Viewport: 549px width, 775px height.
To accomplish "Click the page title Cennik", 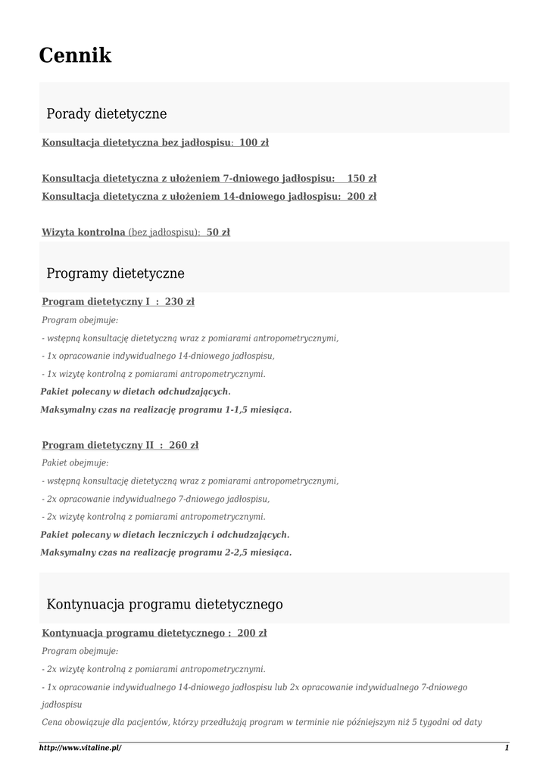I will [75, 55].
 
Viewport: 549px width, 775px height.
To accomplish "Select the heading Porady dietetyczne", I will [106, 114].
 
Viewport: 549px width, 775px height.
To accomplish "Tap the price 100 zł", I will [254, 142].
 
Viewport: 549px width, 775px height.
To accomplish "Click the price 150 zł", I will [361, 179].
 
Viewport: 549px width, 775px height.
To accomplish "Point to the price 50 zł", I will [218, 232].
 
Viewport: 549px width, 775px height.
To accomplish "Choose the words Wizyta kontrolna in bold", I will [83, 232].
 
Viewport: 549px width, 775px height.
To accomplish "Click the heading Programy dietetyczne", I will [115, 273].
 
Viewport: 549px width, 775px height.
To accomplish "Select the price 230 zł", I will [179, 302].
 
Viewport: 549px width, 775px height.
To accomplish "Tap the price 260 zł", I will [184, 445].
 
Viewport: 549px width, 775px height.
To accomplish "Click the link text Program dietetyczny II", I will [98, 445].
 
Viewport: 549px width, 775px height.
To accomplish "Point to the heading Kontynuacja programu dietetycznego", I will [164, 605].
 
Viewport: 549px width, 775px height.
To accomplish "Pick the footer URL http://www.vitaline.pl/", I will [80, 748].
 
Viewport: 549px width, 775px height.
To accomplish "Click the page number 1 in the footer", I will [507, 748].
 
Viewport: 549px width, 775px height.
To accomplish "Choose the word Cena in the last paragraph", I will [51, 722].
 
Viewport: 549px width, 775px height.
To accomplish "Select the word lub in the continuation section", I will [282, 687].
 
